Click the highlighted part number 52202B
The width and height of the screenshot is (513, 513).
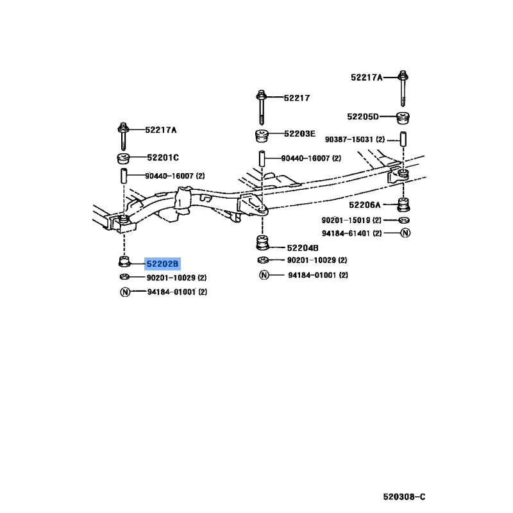pos(162,264)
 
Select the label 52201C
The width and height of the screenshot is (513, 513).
pos(163,158)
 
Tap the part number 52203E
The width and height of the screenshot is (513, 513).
pos(299,133)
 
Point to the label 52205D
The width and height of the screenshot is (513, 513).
pos(362,117)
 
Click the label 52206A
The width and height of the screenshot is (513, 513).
pos(365,205)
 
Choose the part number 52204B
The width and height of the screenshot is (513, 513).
pos(303,248)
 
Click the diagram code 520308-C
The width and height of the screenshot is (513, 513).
pos(405,497)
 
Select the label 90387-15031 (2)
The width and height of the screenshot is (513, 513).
pos(355,139)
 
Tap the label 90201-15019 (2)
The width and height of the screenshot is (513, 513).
pos(351,220)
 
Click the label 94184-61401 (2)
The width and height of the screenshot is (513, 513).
pos(351,233)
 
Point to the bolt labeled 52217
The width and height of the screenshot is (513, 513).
pos(261,107)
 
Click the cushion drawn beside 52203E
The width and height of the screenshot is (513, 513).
pos(262,136)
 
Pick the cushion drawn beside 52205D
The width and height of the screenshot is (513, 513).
pos(403,118)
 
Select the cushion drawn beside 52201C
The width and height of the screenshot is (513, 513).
pos(123,158)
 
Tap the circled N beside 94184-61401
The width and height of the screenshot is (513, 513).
pos(405,233)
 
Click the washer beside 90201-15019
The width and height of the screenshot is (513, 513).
pos(405,220)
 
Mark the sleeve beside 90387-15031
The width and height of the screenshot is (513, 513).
pos(403,139)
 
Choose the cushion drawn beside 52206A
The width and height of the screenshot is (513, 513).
pos(403,205)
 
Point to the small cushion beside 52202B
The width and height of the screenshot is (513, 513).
pos(124,262)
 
